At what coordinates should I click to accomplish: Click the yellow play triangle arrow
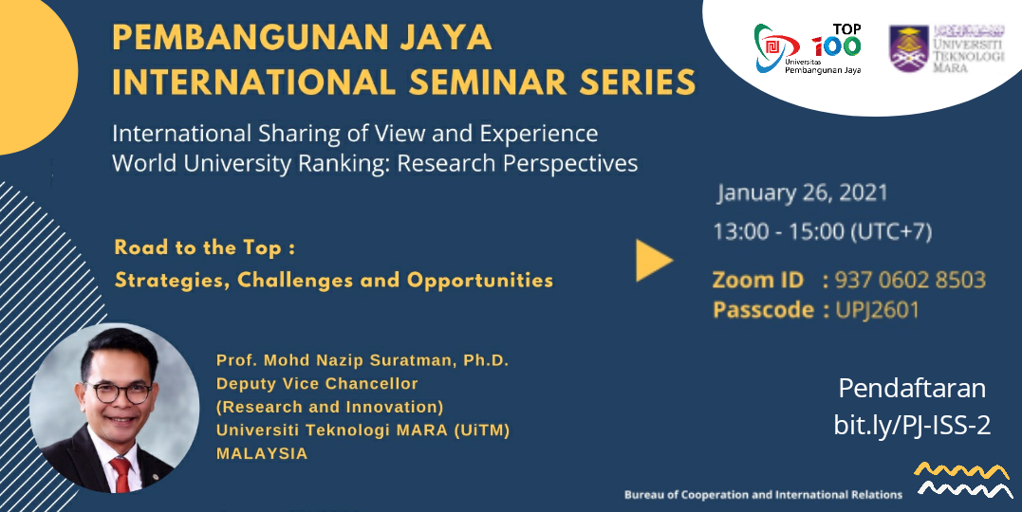tap(653, 261)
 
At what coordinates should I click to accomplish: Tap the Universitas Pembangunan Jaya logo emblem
tap(775, 46)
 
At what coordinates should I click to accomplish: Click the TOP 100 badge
tap(838, 40)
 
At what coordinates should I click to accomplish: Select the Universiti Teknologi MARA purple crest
tap(908, 49)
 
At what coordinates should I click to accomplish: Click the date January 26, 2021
tap(803, 192)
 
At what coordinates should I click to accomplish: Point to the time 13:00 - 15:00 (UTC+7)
tap(823, 231)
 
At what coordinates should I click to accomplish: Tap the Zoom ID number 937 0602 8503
tap(910, 280)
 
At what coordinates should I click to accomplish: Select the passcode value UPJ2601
tap(878, 309)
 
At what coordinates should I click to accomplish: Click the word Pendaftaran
tap(912, 388)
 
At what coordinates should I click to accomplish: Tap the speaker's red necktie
tap(121, 473)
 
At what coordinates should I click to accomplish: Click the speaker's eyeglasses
tap(121, 393)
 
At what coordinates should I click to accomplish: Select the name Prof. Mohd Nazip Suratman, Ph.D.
tap(362, 360)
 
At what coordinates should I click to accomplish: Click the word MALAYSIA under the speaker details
tap(262, 453)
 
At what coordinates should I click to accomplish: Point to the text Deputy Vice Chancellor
tap(317, 384)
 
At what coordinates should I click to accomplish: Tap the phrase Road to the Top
tap(198, 247)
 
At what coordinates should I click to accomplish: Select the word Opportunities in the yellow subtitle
tap(480, 280)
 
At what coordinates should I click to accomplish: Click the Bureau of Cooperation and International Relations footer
tap(763, 495)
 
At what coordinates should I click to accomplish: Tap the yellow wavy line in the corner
tap(961, 471)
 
